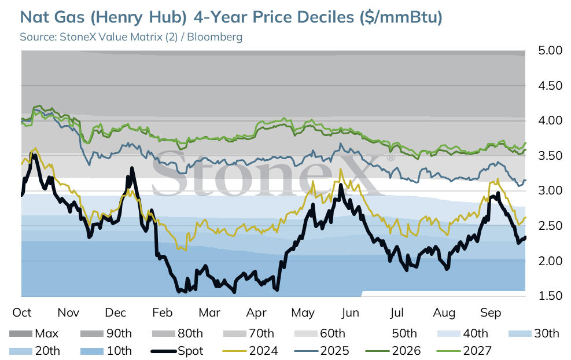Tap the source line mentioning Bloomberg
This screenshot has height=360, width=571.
click(131, 37)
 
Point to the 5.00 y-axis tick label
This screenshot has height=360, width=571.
click(550, 50)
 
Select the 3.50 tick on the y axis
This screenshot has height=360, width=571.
click(550, 156)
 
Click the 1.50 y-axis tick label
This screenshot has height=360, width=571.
click(550, 296)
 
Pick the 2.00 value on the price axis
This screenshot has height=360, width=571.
click(550, 261)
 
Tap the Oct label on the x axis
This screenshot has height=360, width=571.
click(22, 313)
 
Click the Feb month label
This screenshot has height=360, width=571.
click(162, 313)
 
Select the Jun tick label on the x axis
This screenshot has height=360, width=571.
click(350, 313)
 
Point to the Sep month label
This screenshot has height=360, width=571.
click(491, 313)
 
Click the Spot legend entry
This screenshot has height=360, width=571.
click(177, 351)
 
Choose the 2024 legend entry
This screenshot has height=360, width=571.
click(250, 351)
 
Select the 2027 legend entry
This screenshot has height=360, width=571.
click(464, 351)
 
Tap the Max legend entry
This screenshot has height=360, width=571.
click(34, 333)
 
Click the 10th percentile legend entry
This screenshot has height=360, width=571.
click(106, 351)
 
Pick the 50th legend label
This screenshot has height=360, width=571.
click(404, 333)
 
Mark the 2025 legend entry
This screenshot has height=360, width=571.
click(321, 351)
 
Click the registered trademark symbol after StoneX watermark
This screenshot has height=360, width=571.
click(391, 158)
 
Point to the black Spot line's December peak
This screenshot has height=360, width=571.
click(131, 168)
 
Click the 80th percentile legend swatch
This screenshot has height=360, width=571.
click(164, 333)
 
